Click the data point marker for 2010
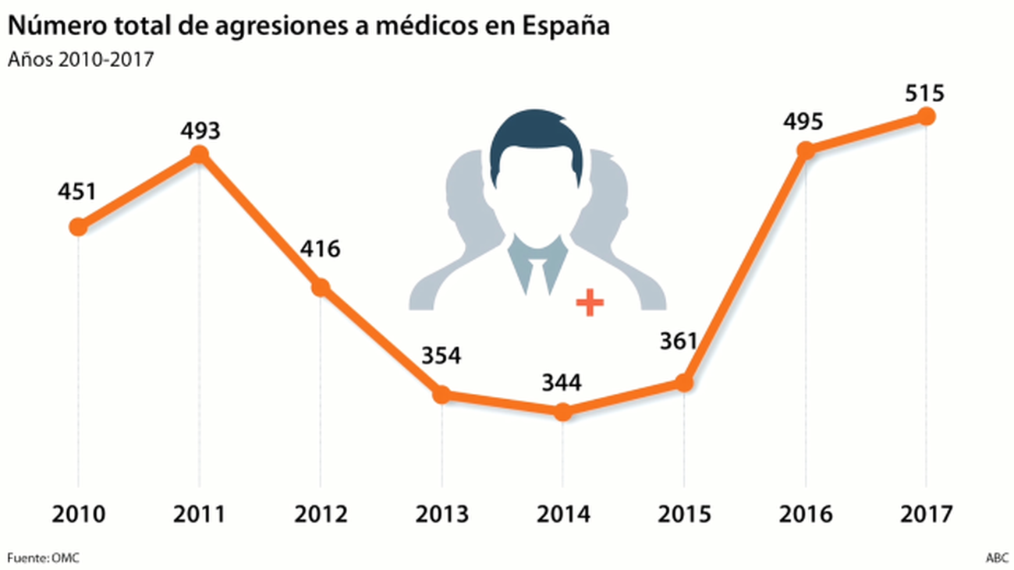(x=78, y=227)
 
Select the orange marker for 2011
(x=199, y=154)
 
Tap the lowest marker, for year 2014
(x=562, y=412)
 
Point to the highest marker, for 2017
(x=926, y=116)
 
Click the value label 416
(x=320, y=250)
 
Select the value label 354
(x=441, y=356)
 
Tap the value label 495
(x=804, y=122)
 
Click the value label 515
(x=926, y=94)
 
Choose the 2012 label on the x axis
(x=320, y=515)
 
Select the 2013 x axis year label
(x=441, y=515)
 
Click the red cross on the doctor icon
(x=590, y=302)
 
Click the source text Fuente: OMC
(x=44, y=558)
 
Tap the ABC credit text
(x=996, y=558)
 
